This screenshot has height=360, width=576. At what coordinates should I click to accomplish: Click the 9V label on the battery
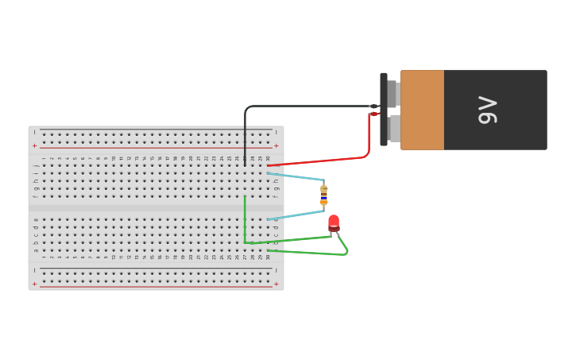[487, 110]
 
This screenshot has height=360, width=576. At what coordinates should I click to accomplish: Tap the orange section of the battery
[422, 110]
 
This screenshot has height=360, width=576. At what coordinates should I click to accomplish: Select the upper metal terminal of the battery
[392, 93]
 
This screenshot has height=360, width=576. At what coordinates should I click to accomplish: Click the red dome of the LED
[334, 221]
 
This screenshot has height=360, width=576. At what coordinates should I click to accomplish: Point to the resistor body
[323, 195]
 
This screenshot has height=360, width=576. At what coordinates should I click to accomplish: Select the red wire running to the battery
[318, 161]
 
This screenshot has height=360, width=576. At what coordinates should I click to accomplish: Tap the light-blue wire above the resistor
[296, 176]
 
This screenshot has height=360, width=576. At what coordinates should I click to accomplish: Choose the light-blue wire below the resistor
[296, 215]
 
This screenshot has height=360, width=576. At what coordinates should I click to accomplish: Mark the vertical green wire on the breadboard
[245, 219]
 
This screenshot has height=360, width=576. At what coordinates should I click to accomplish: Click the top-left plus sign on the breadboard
[34, 146]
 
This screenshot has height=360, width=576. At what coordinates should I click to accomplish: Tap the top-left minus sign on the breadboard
[34, 132]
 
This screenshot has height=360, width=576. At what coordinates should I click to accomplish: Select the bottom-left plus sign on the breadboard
[34, 284]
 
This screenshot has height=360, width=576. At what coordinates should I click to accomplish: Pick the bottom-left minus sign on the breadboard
[34, 270]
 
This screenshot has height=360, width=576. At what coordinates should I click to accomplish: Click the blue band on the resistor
[323, 195]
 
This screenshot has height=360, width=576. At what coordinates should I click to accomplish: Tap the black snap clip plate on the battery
[384, 110]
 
